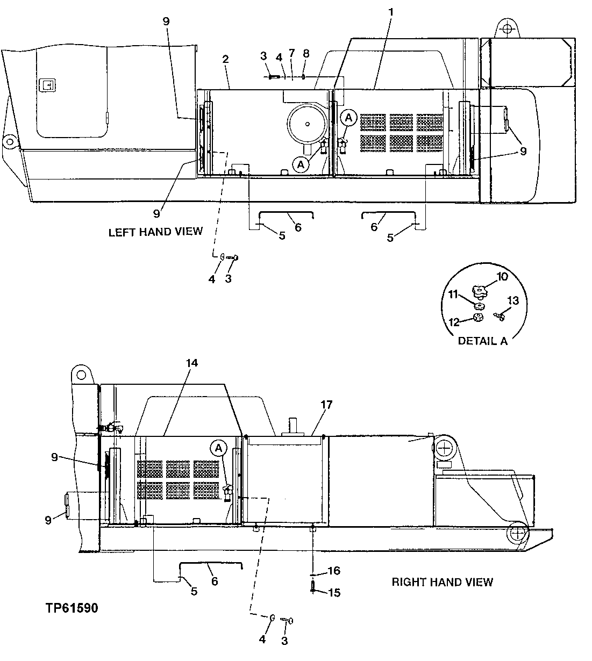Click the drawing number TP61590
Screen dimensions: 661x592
tap(72, 609)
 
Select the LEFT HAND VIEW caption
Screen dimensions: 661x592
tap(155, 232)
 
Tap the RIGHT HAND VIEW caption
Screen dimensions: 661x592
tap(442, 581)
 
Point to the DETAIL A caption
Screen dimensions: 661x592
tap(482, 341)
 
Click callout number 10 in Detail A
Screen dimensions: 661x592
tap(502, 277)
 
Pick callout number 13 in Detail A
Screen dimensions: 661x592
tap(513, 300)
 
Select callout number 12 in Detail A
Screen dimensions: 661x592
tap(454, 322)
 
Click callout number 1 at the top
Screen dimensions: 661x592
tap(391, 11)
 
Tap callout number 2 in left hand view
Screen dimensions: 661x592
tap(226, 59)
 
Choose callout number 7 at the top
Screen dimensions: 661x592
tap(291, 53)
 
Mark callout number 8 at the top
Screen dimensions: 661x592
tap(306, 53)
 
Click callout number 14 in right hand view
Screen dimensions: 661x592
tap(191, 363)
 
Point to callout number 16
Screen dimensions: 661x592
tap(334, 571)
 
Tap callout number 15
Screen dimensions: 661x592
tap(334, 593)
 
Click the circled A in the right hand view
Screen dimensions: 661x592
tap(218, 447)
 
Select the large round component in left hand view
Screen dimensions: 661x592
tap(307, 124)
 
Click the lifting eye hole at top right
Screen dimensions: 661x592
tap(505, 27)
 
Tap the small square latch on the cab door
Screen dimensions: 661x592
tap(47, 84)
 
